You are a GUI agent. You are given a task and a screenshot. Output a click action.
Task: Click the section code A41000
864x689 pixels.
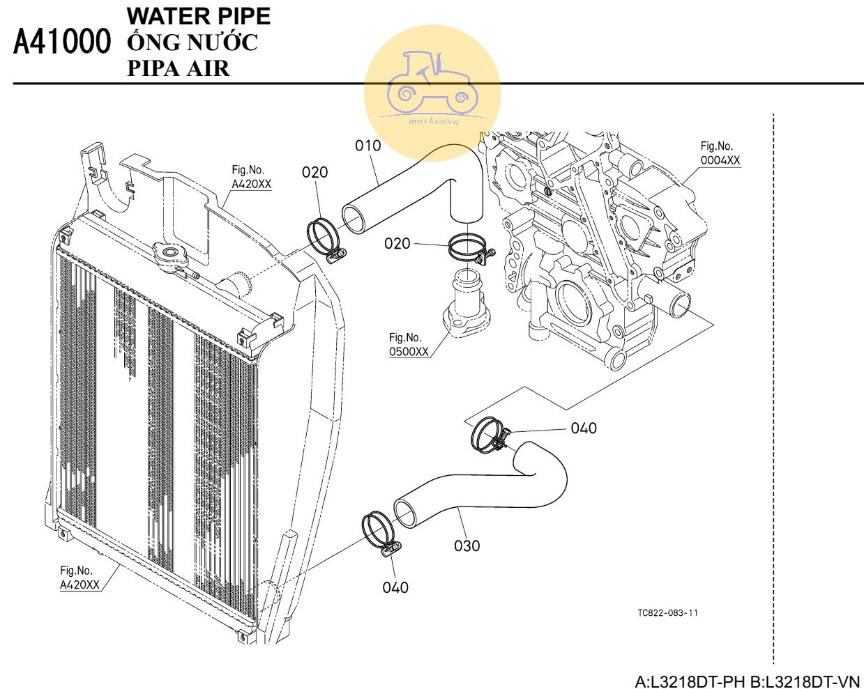pyautogui.click(x=62, y=41)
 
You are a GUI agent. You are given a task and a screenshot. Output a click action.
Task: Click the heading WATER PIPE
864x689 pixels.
pyautogui.click(x=199, y=16)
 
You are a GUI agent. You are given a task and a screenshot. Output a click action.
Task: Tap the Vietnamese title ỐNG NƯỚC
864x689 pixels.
pyautogui.click(x=192, y=42)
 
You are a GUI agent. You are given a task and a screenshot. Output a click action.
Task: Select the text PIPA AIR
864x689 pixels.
pyautogui.click(x=179, y=68)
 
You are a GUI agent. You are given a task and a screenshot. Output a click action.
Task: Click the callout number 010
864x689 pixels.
pyautogui.click(x=367, y=146)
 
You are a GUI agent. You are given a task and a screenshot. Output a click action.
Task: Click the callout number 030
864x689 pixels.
pyautogui.click(x=467, y=545)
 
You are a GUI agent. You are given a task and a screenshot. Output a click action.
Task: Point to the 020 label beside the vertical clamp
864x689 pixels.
pyautogui.click(x=397, y=243)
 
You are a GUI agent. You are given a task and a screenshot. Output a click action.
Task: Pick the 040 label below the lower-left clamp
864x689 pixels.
pyautogui.click(x=395, y=587)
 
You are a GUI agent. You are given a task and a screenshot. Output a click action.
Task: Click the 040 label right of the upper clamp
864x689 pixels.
pyautogui.click(x=584, y=428)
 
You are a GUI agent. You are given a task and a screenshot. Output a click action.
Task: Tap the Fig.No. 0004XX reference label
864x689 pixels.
pyautogui.click(x=720, y=153)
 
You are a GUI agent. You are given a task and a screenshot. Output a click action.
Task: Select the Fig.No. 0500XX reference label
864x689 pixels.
pyautogui.click(x=409, y=344)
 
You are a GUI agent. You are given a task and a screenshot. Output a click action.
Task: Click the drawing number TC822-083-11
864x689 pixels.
pyautogui.click(x=667, y=612)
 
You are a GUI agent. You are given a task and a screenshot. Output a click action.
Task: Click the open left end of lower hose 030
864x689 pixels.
pyautogui.click(x=406, y=513)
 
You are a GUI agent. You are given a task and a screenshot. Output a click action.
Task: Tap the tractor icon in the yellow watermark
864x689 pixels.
pyautogui.click(x=432, y=82)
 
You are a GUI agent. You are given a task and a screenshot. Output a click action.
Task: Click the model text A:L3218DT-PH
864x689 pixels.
pyautogui.click(x=690, y=681)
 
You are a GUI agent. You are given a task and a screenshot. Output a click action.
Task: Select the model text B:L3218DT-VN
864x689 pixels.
pyautogui.click(x=805, y=681)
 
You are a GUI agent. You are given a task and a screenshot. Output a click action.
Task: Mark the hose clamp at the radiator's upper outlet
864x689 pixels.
pyautogui.click(x=326, y=241)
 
